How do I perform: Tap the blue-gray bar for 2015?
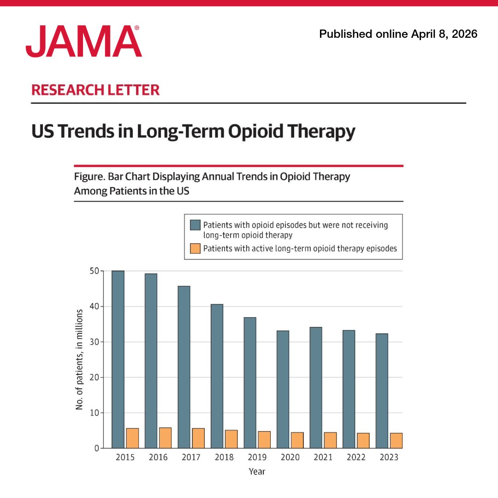(118, 360)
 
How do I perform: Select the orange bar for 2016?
(165, 438)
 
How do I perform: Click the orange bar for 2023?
(396, 441)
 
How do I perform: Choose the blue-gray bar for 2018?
(217, 376)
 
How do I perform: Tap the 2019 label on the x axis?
(257, 457)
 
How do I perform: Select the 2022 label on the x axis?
(356, 457)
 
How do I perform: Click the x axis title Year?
(257, 472)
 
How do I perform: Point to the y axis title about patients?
(79, 360)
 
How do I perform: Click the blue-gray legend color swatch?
(196, 225)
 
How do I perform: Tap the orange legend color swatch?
(196, 249)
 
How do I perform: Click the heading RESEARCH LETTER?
(95, 90)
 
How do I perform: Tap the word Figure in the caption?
(88, 177)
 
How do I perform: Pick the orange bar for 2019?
(264, 440)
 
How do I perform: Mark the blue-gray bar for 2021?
(316, 387)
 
